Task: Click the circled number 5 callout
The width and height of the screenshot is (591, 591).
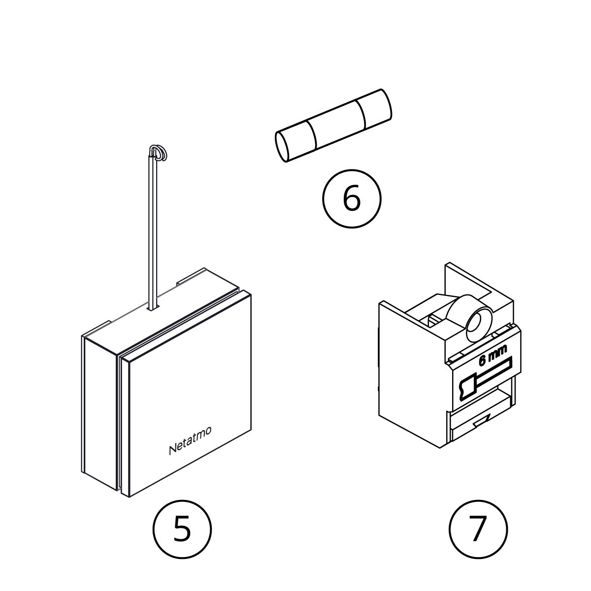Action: tap(182, 529)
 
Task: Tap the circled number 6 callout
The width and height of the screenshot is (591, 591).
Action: tap(351, 199)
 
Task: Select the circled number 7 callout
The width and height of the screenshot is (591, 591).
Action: tap(478, 529)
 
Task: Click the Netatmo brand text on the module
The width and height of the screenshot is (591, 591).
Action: tap(190, 440)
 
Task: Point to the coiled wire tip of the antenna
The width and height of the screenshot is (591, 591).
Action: tap(159, 153)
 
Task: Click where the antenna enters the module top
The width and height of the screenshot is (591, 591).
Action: tap(152, 307)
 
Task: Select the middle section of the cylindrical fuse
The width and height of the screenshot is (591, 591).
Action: tap(335, 126)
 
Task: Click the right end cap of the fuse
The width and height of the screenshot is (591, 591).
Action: tap(377, 108)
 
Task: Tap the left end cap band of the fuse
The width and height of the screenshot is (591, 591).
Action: tap(298, 140)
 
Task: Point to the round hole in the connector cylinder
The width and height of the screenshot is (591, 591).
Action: tap(476, 324)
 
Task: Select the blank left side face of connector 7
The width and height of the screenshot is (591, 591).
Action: tap(409, 374)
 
